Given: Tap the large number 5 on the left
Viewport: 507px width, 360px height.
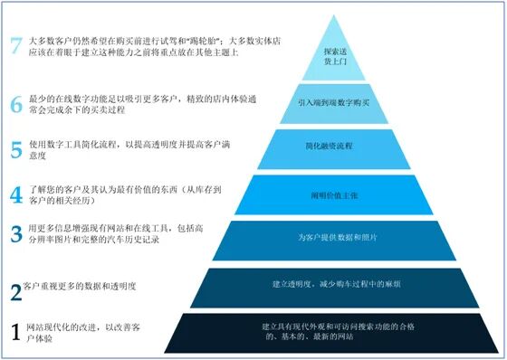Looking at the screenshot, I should point(16,148).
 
